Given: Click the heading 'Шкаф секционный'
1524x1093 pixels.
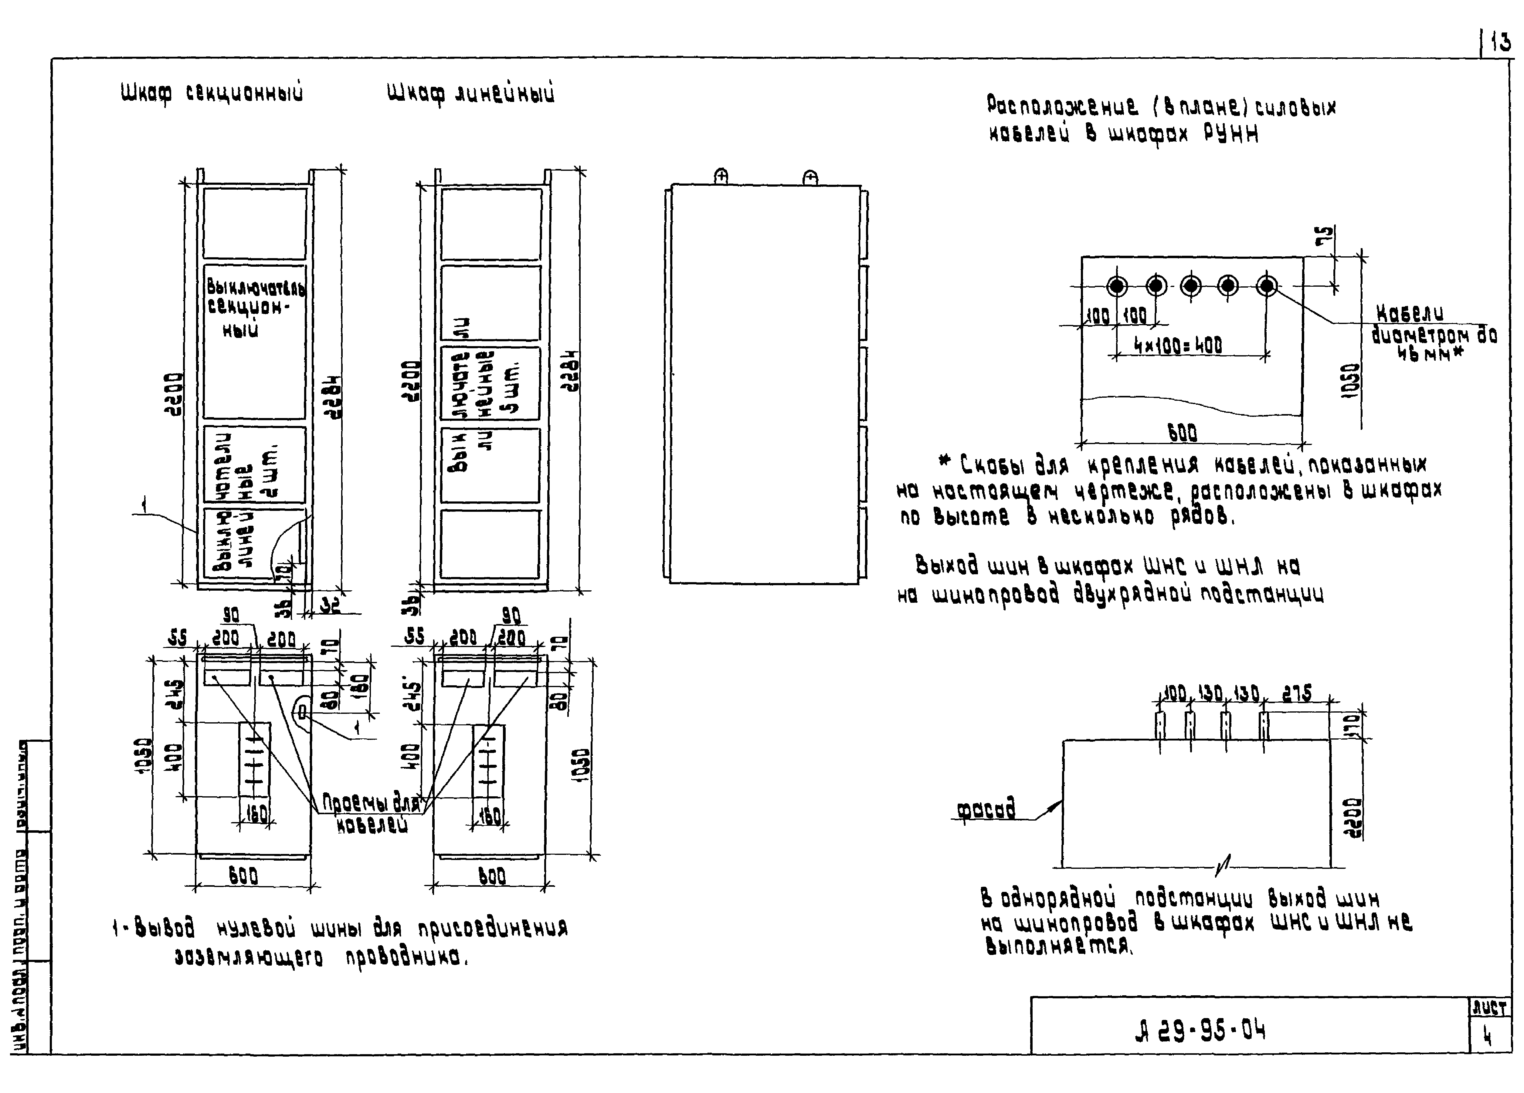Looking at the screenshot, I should pyautogui.click(x=212, y=93).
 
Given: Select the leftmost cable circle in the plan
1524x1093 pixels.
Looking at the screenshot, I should pyautogui.click(x=1117, y=286).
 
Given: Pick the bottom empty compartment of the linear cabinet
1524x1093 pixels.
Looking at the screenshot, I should pyautogui.click(x=490, y=544).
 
